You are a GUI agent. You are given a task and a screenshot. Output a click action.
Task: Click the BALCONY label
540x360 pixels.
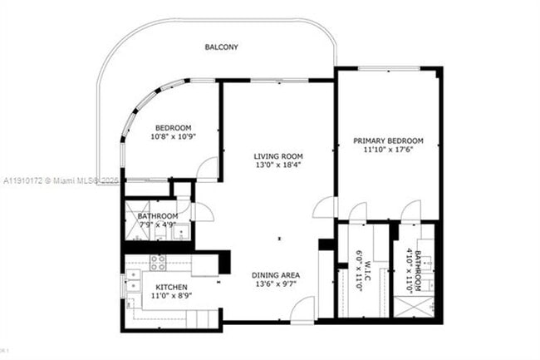pyautogui.click(x=221, y=47)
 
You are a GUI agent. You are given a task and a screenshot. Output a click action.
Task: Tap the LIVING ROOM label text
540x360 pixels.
pyautogui.click(x=278, y=156)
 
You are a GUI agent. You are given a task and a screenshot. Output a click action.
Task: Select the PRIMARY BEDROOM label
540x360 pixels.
pyautogui.click(x=388, y=141)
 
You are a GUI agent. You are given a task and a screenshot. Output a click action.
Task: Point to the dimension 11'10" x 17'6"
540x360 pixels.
pyautogui.click(x=388, y=151)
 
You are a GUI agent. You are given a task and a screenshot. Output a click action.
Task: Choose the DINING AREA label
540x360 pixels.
pyautogui.click(x=277, y=275)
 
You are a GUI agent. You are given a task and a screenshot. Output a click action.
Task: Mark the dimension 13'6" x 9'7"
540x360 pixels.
pyautogui.click(x=277, y=285)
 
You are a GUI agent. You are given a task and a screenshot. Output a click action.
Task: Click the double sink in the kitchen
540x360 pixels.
pyautogui.click(x=132, y=284)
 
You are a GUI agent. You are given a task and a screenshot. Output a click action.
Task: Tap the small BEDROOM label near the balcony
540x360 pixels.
pyautogui.click(x=172, y=127)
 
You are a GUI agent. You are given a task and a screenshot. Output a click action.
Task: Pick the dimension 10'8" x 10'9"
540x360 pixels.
pyautogui.click(x=172, y=136)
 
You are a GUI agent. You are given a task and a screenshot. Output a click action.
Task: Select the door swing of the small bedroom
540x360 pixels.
pyautogui.click(x=208, y=169)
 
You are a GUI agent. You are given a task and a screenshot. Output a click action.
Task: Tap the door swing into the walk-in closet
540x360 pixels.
pyautogui.click(x=357, y=212)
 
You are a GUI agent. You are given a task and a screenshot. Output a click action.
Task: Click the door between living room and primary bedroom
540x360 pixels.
pyautogui.click(x=326, y=207)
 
